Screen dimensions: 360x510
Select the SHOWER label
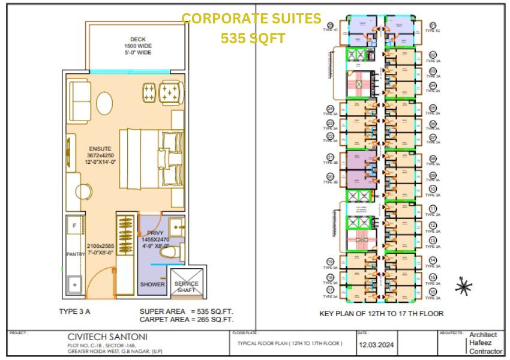(152, 284)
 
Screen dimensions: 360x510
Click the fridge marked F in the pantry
(74, 226)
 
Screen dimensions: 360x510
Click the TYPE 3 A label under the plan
(75, 311)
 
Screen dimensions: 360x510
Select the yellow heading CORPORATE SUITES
(251, 19)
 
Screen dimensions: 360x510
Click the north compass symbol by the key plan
(463, 287)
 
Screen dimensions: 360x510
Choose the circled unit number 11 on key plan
(433, 209)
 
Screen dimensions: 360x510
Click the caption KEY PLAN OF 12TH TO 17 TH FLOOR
(382, 313)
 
